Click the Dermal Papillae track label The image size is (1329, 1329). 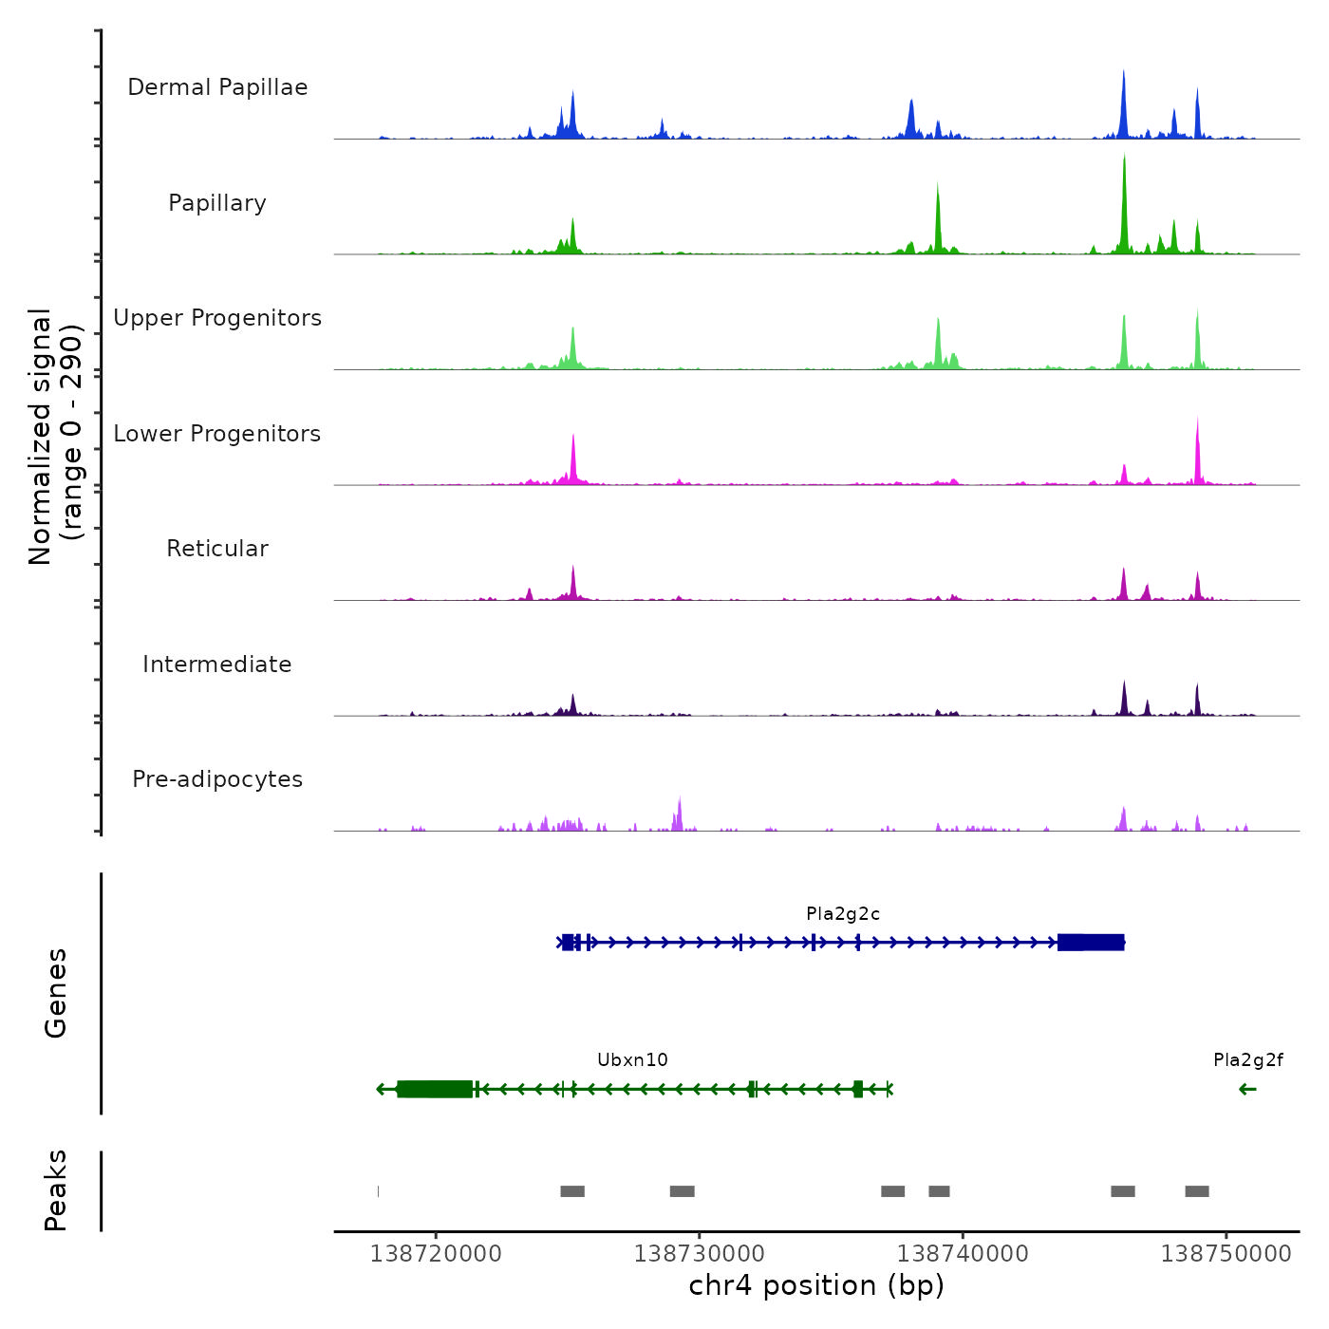217,87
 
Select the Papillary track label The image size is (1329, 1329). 217,203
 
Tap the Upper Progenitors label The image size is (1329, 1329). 217,318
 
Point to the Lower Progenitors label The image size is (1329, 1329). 217,434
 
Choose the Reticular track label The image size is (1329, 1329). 217,549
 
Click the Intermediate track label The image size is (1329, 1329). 217,664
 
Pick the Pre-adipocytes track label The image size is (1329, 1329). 217,779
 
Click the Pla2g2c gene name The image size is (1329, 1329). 843,914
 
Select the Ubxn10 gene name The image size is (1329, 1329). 632,1060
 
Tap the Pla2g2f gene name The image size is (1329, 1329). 1247,1060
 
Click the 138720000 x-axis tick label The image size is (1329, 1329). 436,1254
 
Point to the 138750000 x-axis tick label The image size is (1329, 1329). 1226,1254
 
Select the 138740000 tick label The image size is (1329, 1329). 963,1254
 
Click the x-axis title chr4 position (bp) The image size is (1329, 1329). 816,1285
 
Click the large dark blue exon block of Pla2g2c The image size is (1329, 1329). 1091,943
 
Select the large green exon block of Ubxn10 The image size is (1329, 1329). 435,1089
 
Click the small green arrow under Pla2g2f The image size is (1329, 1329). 1247,1089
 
